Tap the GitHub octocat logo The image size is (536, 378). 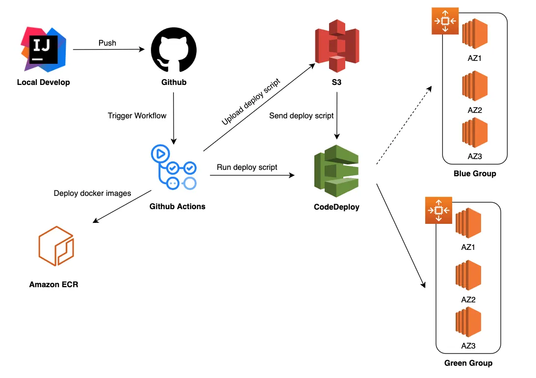pyautogui.click(x=174, y=49)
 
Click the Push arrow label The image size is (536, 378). pyautogui.click(x=107, y=43)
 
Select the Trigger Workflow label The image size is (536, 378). pyautogui.click(x=137, y=116)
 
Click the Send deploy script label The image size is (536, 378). pyautogui.click(x=302, y=116)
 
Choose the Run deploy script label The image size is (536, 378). pyautogui.click(x=247, y=167)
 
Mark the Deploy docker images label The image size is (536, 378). pyautogui.click(x=92, y=193)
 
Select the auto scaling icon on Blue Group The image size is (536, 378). pyautogui.click(x=445, y=21)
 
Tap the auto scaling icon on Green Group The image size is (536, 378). pyautogui.click(x=438, y=210)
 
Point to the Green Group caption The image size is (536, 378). pyautogui.click(x=468, y=363)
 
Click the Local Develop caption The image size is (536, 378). pyautogui.click(x=43, y=82)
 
